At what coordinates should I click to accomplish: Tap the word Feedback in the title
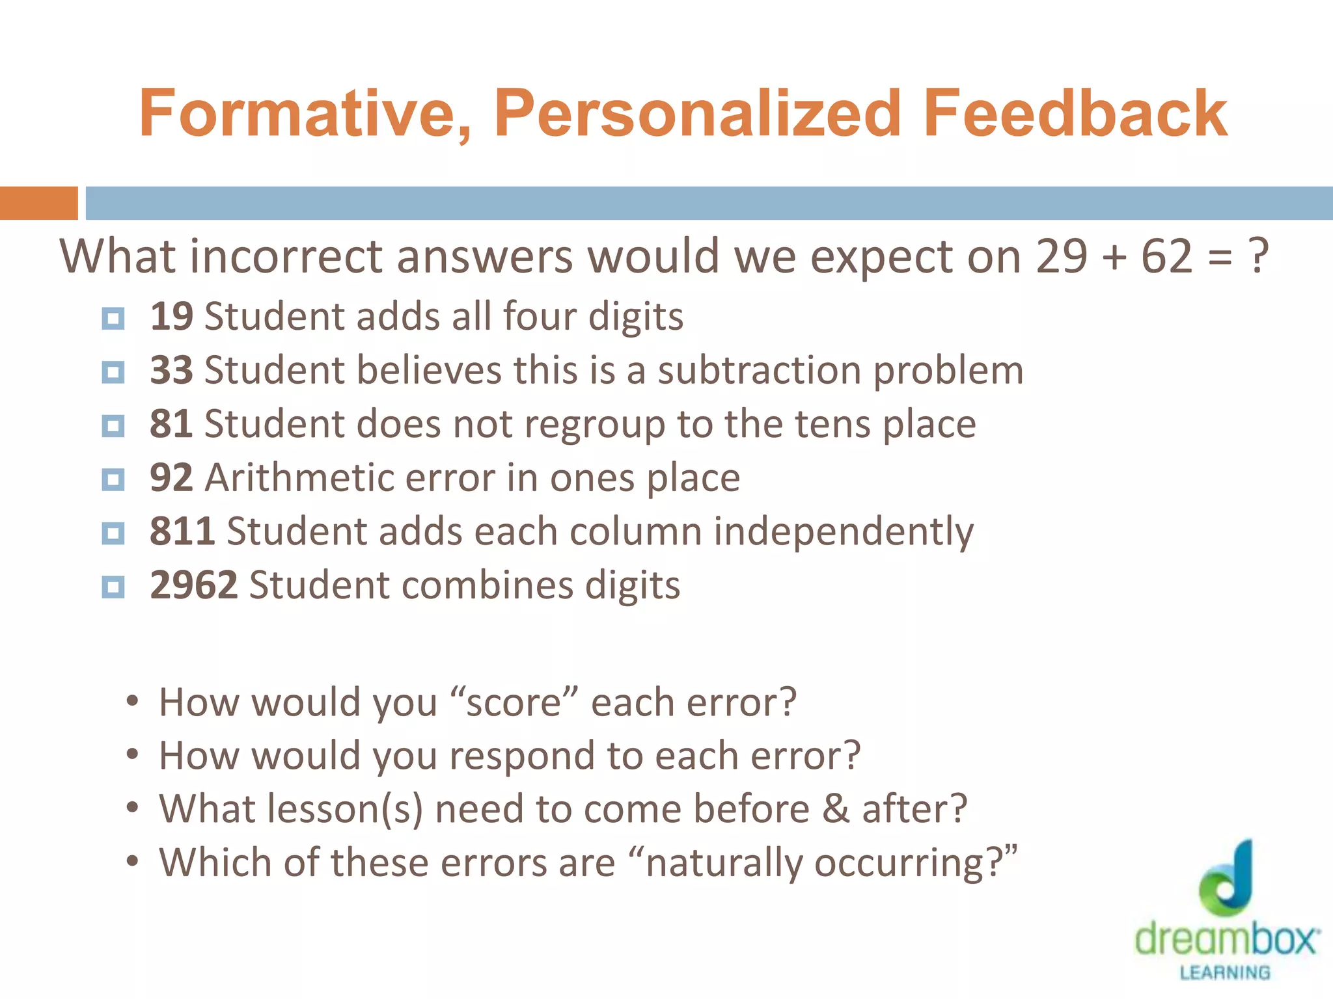[1075, 114]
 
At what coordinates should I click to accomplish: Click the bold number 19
[171, 317]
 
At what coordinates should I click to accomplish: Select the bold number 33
[171, 371]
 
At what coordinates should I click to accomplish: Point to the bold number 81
[171, 425]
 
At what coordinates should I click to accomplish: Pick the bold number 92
[171, 478]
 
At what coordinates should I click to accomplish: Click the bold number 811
[182, 531]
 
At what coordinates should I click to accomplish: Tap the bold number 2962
[193, 585]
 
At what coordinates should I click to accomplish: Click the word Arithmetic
[300, 478]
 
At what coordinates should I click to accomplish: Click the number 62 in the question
[1166, 256]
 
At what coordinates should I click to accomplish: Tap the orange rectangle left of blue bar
[38, 203]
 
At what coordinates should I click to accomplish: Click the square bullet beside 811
[113, 533]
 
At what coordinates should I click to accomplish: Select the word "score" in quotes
[513, 703]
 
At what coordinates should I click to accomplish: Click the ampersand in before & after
[836, 809]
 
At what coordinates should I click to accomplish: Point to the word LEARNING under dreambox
[1224, 973]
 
